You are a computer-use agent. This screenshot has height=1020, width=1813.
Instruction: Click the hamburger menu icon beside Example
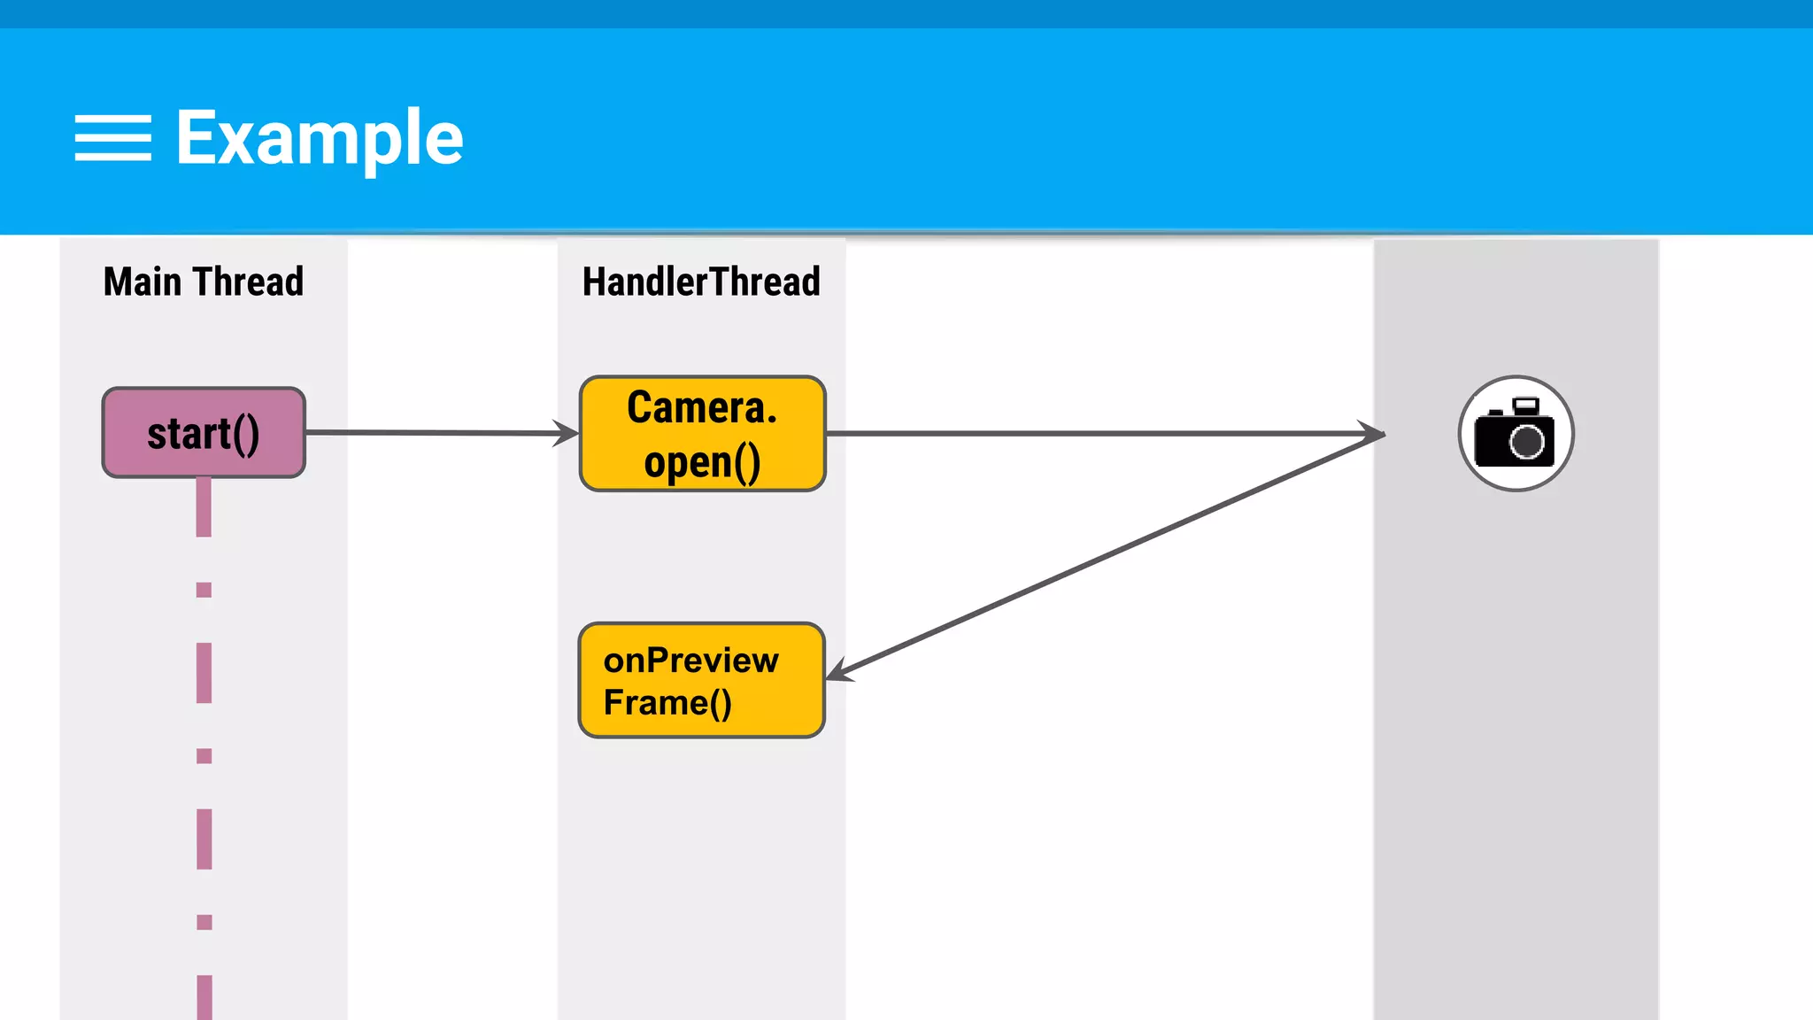click(x=112, y=138)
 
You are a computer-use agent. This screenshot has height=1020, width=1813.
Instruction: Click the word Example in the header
click(x=319, y=138)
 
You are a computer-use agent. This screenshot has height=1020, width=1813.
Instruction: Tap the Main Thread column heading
click(x=203, y=282)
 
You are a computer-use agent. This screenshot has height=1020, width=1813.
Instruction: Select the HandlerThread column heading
click(x=701, y=282)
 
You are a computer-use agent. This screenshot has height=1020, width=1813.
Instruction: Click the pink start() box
click(x=204, y=433)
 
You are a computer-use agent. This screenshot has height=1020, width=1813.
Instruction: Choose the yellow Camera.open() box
click(x=702, y=434)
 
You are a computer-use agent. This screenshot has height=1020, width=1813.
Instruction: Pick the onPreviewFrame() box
click(x=701, y=680)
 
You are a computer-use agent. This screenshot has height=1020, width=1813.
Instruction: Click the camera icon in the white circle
click(x=1515, y=434)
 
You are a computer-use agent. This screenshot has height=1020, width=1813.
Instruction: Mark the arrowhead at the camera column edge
click(x=1374, y=433)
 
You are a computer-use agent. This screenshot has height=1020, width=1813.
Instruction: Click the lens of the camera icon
click(x=1526, y=442)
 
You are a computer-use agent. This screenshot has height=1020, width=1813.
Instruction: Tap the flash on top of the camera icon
click(x=1525, y=406)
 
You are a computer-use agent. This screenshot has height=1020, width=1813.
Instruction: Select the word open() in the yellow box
click(x=702, y=462)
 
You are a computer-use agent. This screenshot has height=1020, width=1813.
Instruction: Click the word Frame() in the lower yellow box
click(x=667, y=703)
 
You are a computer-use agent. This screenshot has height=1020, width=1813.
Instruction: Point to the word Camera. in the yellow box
click(x=702, y=407)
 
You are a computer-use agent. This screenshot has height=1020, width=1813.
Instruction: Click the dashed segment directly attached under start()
click(x=204, y=507)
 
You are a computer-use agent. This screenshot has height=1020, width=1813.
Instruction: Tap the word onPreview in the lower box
click(x=690, y=661)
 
